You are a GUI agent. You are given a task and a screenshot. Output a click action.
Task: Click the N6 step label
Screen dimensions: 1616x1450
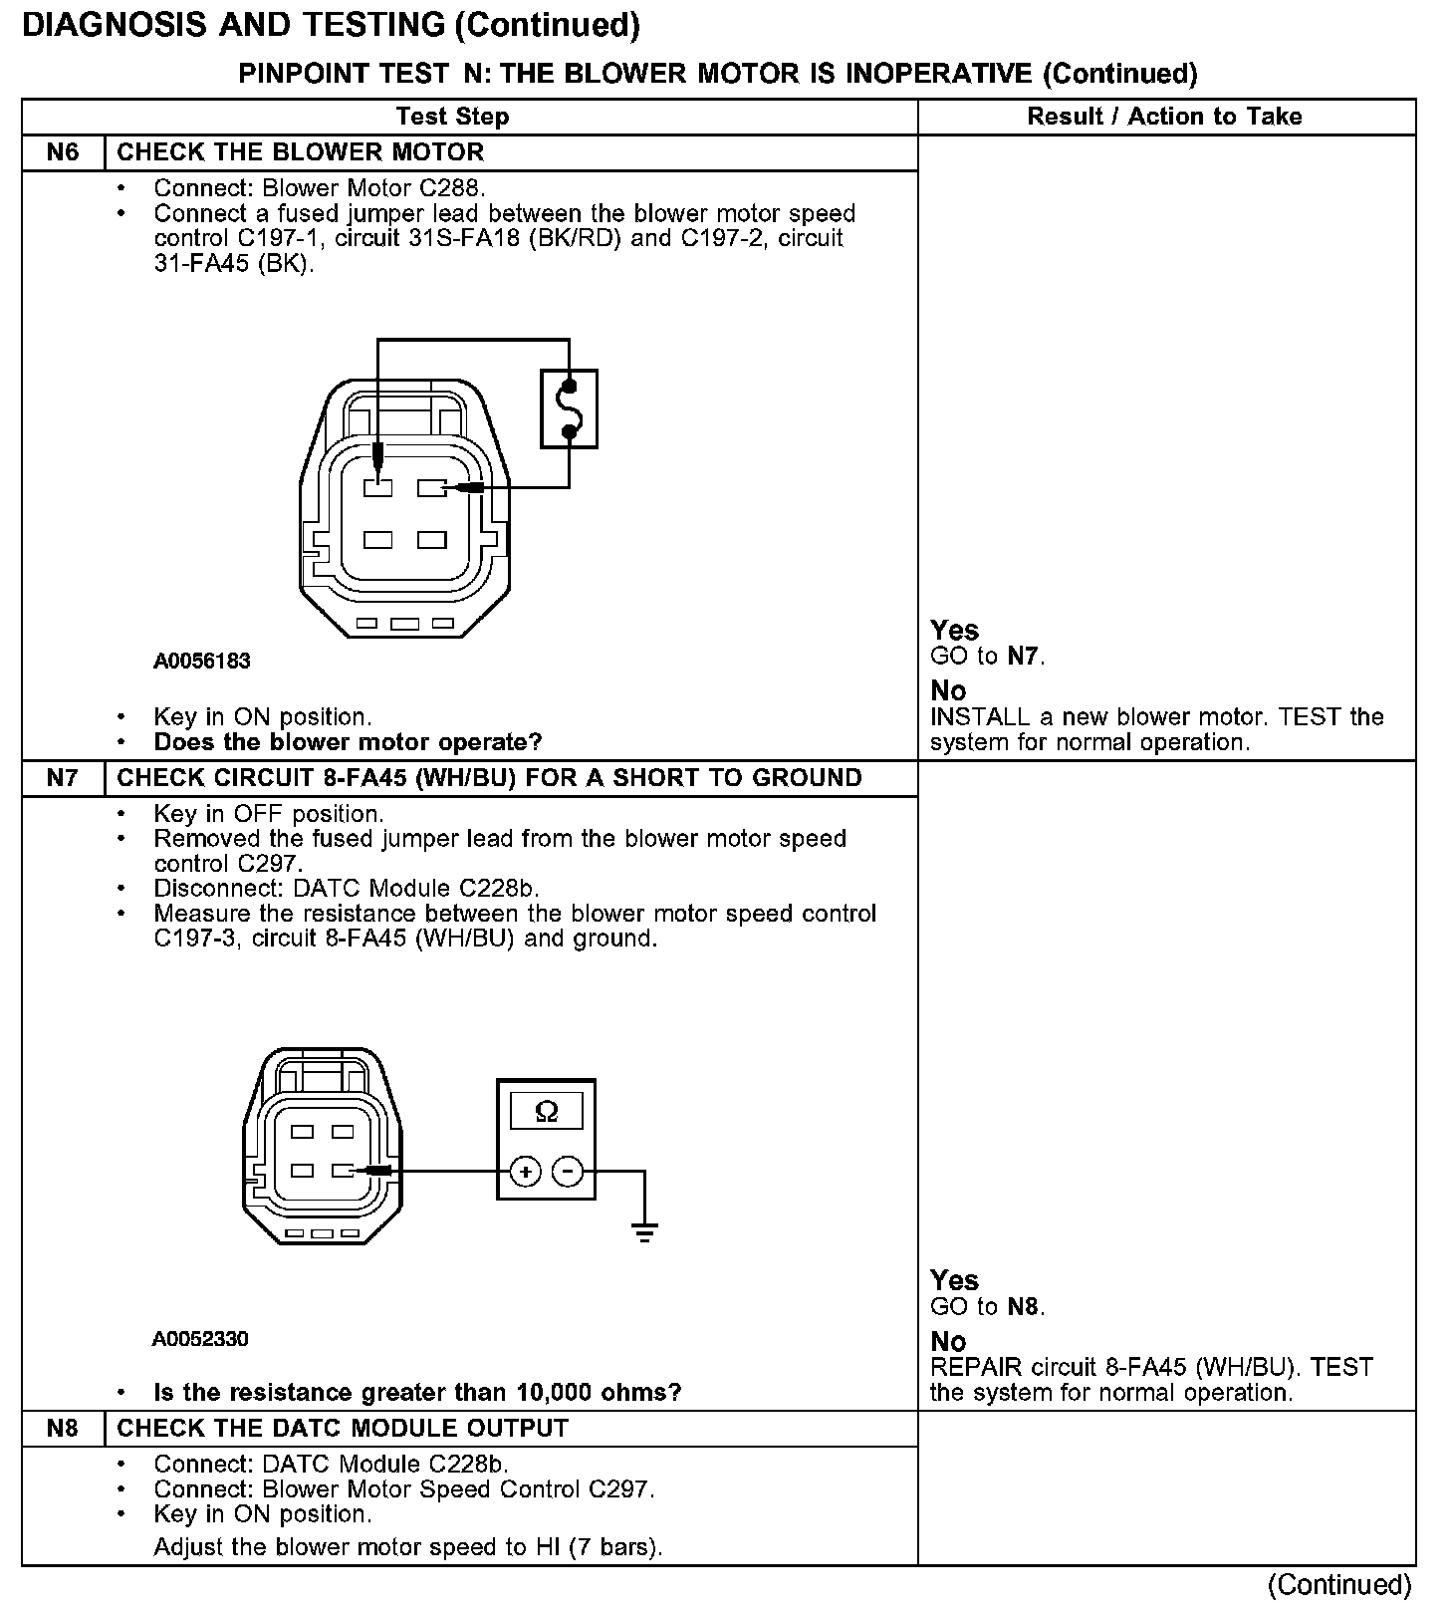tap(62, 152)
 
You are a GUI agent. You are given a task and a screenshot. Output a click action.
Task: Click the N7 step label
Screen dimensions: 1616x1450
tap(62, 778)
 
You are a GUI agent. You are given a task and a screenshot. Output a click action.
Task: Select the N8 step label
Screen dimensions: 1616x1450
tap(62, 1428)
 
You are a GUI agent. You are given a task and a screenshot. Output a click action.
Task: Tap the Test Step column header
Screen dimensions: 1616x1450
tap(452, 117)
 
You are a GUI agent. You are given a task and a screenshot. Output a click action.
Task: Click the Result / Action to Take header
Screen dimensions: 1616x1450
tap(1164, 117)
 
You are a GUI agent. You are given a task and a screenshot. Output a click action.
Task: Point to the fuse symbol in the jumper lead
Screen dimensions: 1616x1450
tap(570, 408)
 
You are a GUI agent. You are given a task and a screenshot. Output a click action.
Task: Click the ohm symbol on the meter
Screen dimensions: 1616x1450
tap(546, 1111)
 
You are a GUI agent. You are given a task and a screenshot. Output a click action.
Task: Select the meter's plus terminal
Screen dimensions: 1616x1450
tap(525, 1172)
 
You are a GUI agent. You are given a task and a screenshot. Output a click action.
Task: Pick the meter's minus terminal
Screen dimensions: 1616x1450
tap(568, 1172)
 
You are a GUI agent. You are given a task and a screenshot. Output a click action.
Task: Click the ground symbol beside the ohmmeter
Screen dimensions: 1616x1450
tap(644, 1232)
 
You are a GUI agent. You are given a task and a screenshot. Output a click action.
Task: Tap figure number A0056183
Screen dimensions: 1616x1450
tap(202, 661)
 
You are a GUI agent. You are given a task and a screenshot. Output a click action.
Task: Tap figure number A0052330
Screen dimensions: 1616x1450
tap(200, 1339)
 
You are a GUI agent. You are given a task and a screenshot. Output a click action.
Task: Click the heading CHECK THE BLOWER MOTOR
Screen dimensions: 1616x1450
tap(301, 152)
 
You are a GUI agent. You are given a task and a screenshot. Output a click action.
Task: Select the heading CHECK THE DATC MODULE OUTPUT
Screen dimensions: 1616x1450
tap(343, 1428)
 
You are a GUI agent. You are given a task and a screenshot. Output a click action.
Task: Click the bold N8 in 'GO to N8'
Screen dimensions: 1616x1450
tap(1024, 1306)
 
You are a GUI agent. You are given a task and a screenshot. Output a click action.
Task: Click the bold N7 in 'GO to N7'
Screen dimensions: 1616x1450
tap(1024, 656)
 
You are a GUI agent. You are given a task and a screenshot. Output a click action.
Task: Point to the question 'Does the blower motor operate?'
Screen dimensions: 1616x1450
tap(348, 742)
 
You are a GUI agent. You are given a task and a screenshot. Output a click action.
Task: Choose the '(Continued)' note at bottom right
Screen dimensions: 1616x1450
tap(1339, 1584)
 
